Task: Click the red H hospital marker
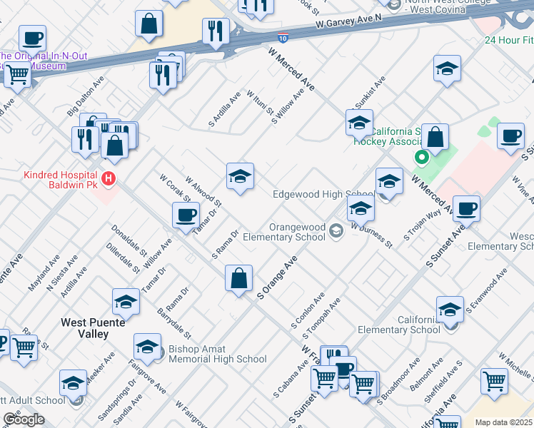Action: point(109,178)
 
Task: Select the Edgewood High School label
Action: point(323,194)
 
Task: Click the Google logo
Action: point(24,419)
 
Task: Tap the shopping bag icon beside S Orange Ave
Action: point(239,278)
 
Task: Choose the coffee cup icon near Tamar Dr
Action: point(186,215)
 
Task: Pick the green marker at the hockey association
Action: point(421,157)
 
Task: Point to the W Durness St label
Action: point(371,235)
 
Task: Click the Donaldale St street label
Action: point(129,243)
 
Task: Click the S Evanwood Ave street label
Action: point(486,291)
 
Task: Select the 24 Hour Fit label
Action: point(508,40)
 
